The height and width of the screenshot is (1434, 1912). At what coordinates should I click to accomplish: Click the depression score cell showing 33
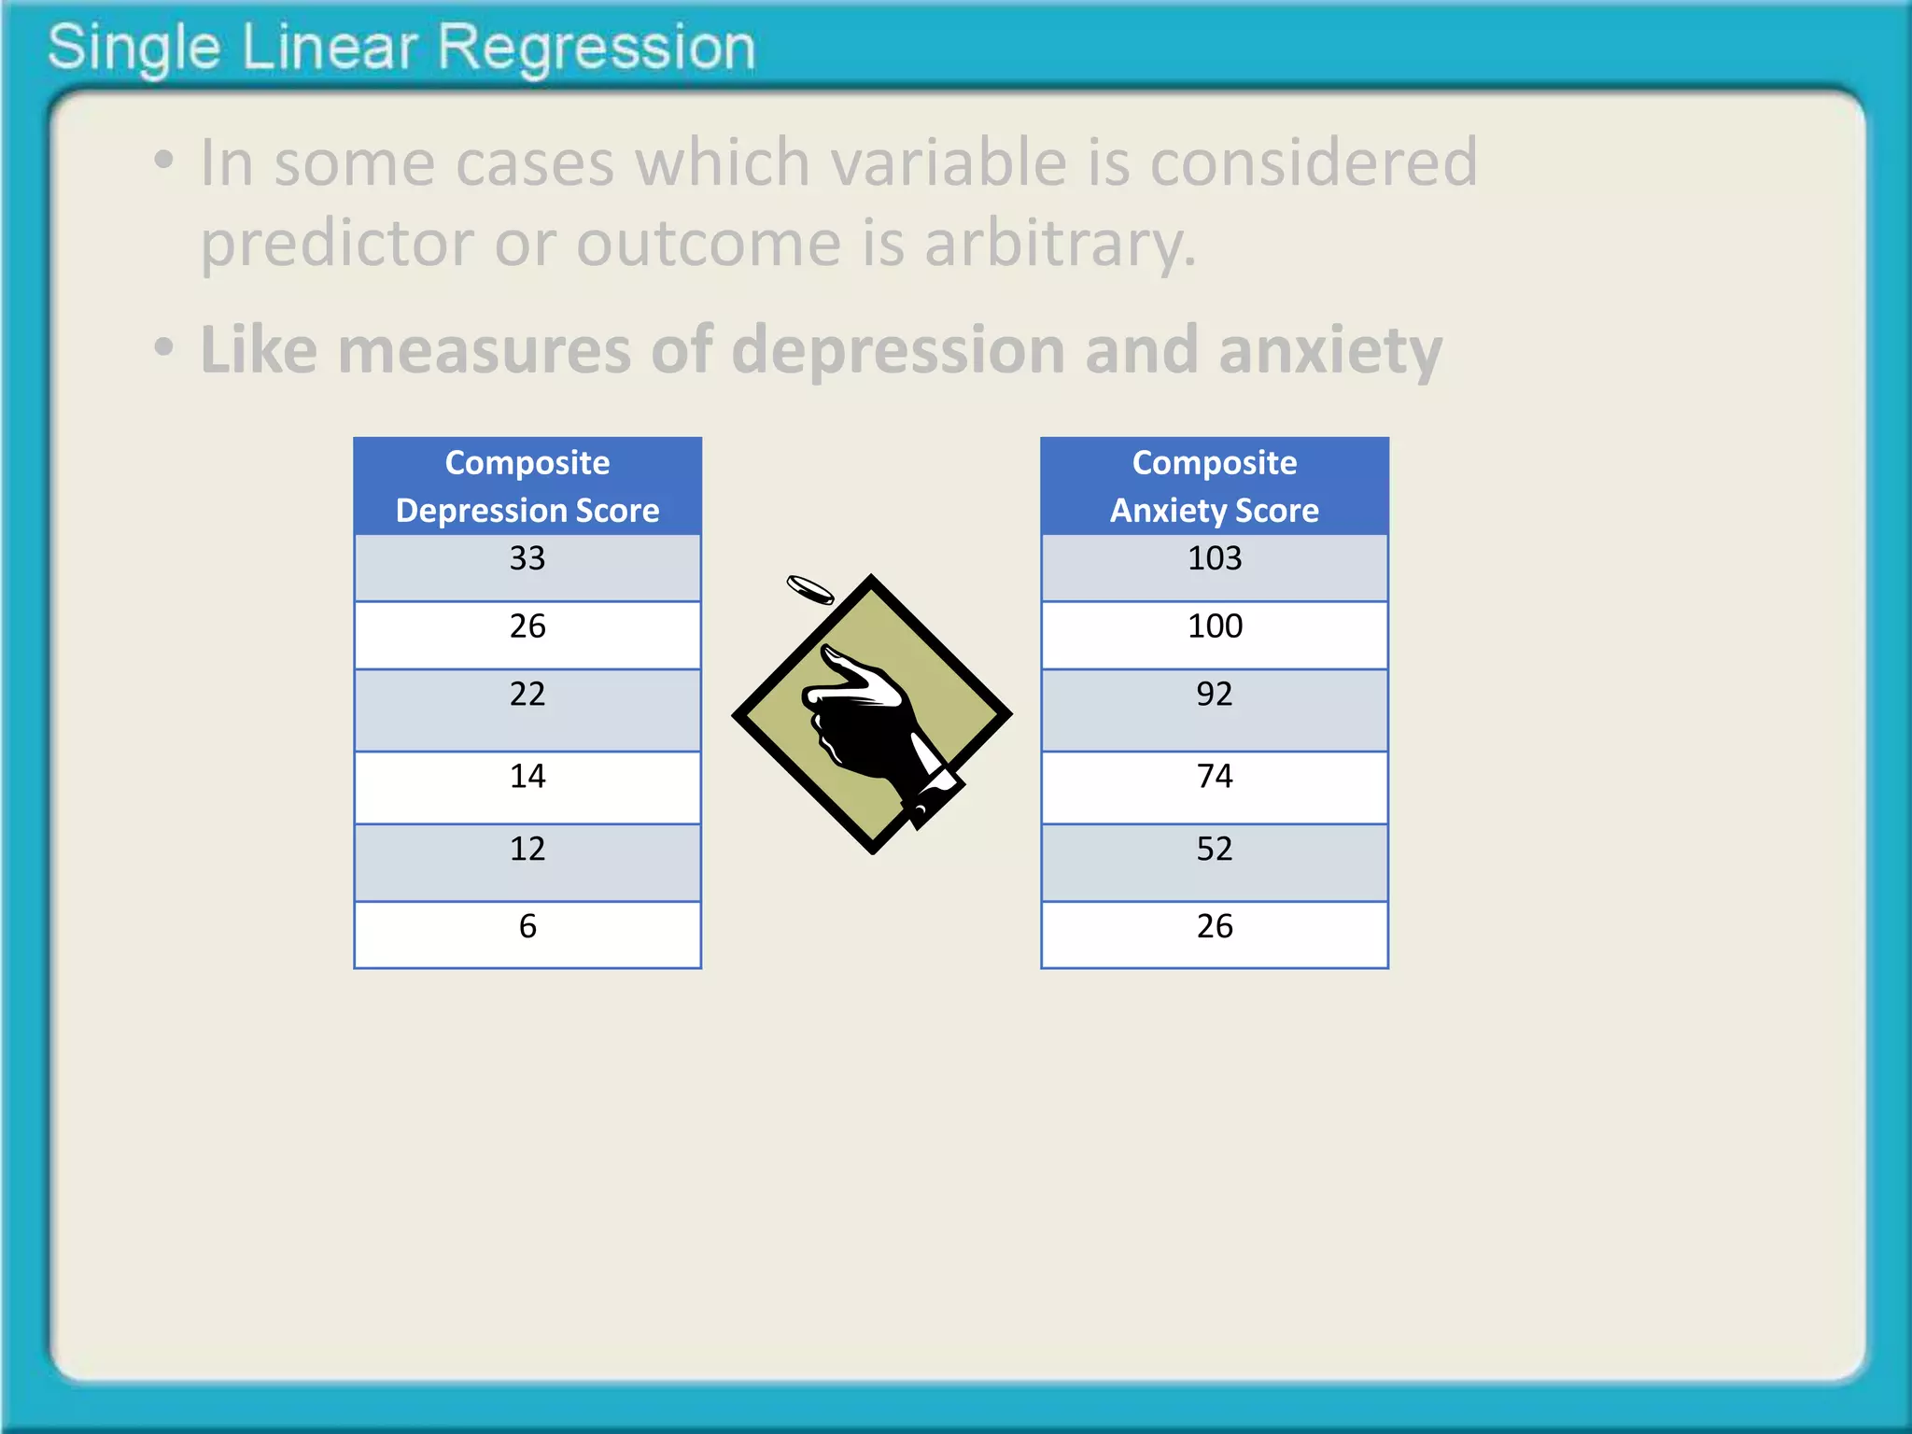[x=527, y=566]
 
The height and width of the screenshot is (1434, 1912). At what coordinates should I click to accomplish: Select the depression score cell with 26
[x=527, y=634]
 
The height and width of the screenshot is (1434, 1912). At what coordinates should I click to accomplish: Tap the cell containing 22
[x=527, y=709]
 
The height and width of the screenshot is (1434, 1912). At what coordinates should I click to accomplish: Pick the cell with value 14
[x=527, y=786]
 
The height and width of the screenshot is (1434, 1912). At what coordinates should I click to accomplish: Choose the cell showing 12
[x=527, y=861]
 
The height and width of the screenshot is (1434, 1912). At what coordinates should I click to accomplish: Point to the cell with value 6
[x=527, y=933]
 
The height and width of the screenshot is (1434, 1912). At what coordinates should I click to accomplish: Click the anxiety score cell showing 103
[x=1214, y=566]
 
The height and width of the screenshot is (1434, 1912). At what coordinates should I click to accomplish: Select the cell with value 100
[x=1214, y=634]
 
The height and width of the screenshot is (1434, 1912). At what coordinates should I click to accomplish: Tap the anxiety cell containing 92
[x=1214, y=709]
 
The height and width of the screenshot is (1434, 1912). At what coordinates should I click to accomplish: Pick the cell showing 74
[x=1214, y=786]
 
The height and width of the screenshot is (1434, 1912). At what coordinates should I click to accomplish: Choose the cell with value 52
[x=1214, y=861]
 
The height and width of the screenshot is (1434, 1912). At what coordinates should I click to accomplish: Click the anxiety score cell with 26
[x=1214, y=933]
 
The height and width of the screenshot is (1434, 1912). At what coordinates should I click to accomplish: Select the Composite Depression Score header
[x=527, y=486]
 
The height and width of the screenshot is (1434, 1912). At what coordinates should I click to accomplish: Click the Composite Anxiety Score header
[x=1214, y=486]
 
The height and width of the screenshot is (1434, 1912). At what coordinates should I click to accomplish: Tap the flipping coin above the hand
[x=809, y=589]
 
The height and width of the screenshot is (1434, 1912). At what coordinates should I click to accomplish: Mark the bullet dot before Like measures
[x=164, y=348]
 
